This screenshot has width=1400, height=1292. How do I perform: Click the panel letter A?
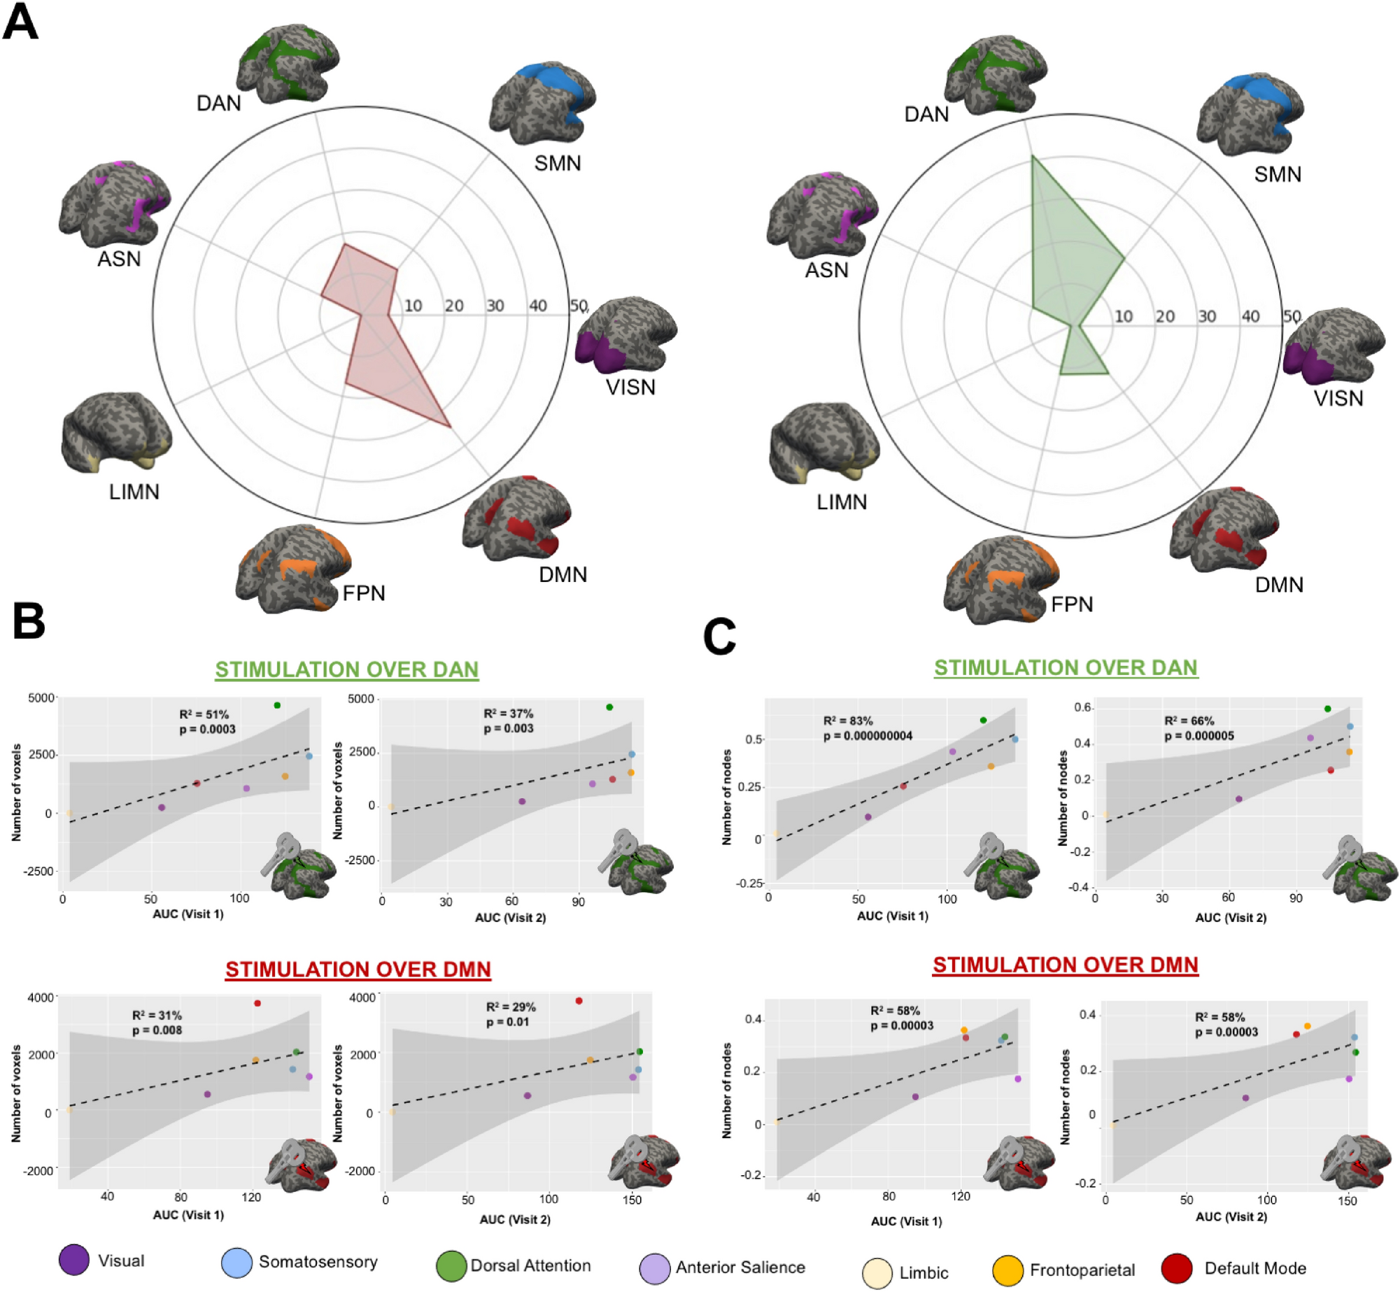pyautogui.click(x=20, y=22)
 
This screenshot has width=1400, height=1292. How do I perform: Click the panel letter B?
pyautogui.click(x=29, y=621)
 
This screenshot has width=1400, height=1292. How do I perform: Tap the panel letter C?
pyautogui.click(x=719, y=636)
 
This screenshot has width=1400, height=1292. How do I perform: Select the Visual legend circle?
pyautogui.click(x=74, y=1260)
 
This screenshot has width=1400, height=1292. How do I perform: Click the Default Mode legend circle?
pyautogui.click(x=1176, y=1268)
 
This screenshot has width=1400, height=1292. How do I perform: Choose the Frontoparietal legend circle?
pyautogui.click(x=1007, y=1270)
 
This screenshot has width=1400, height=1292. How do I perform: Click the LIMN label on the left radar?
pyautogui.click(x=134, y=492)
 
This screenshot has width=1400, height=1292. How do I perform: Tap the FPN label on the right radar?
pyautogui.click(x=1071, y=604)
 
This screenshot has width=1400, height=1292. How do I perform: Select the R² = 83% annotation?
pyautogui.click(x=847, y=720)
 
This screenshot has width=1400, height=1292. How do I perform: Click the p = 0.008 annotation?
pyautogui.click(x=157, y=1030)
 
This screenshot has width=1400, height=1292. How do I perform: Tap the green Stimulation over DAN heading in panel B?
pyautogui.click(x=346, y=669)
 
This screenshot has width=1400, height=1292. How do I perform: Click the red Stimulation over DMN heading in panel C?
pyautogui.click(x=1065, y=965)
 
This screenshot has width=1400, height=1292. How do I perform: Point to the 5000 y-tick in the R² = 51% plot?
pyautogui.click(x=41, y=697)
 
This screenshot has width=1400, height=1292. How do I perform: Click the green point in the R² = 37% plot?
pyautogui.click(x=609, y=707)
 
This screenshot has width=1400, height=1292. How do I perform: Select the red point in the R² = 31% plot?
pyautogui.click(x=257, y=1003)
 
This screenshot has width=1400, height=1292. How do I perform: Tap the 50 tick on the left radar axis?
pyautogui.click(x=578, y=306)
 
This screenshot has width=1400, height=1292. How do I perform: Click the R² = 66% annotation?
pyautogui.click(x=1189, y=720)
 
